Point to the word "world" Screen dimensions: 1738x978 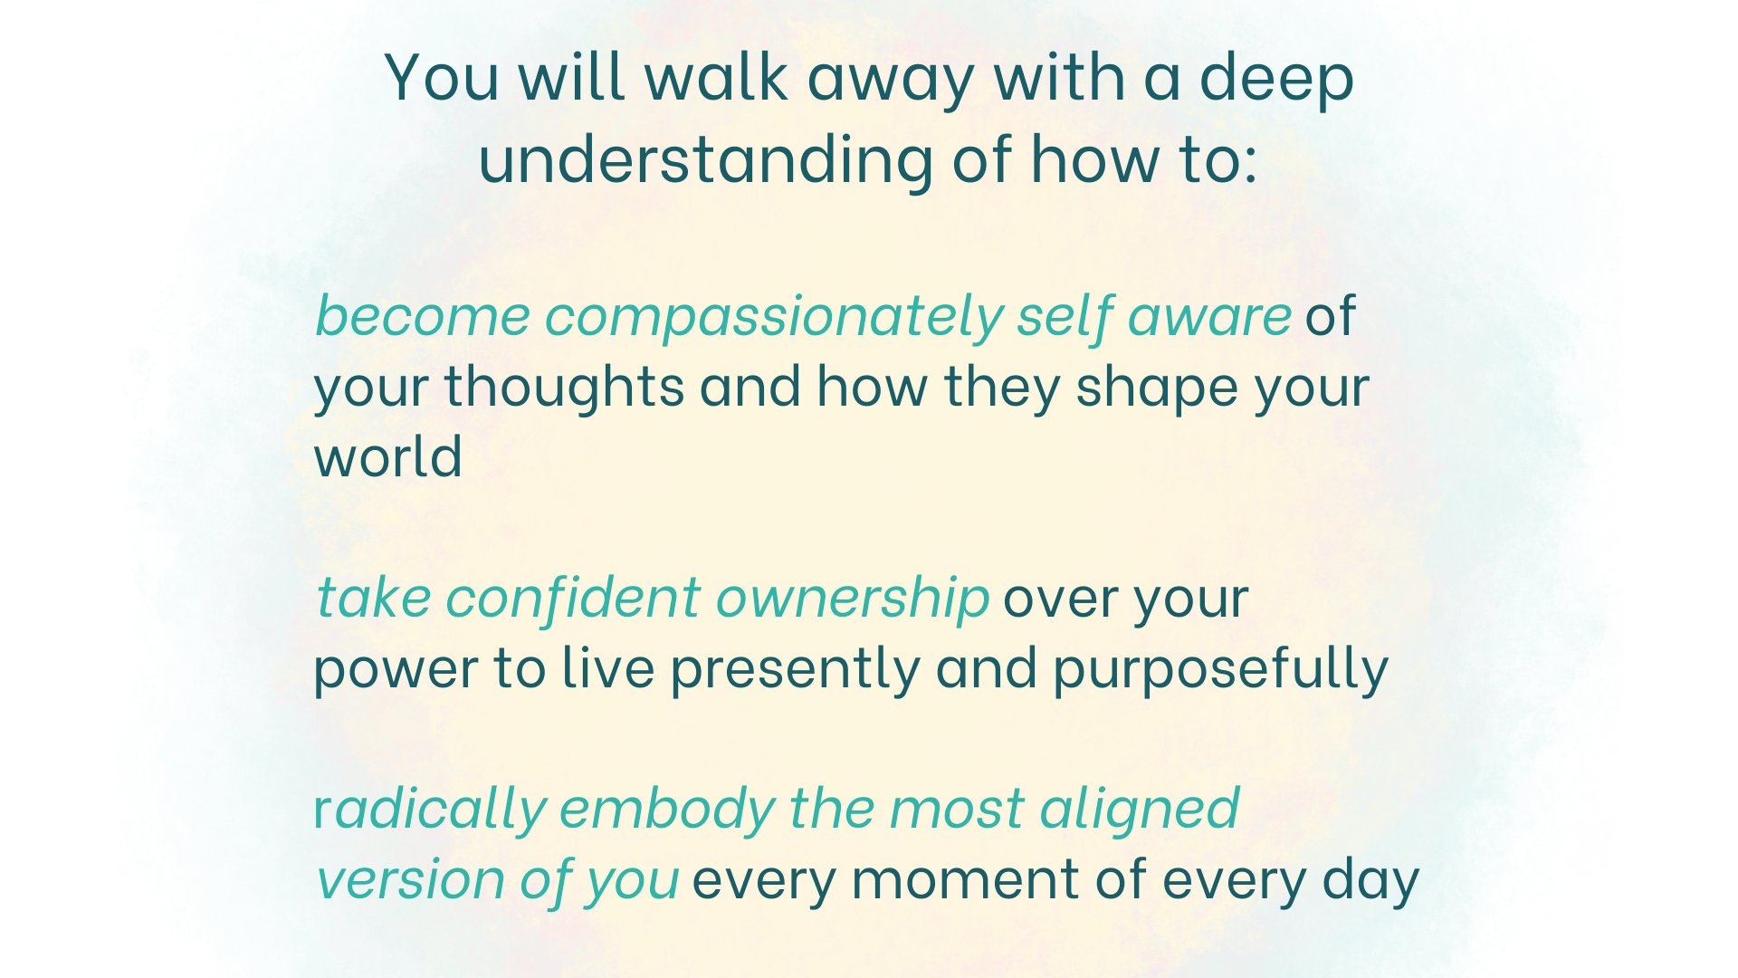click(x=387, y=455)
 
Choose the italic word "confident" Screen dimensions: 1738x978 click(x=572, y=598)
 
